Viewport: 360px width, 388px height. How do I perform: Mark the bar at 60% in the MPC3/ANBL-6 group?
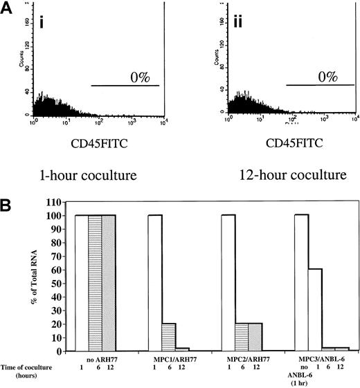(314, 309)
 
